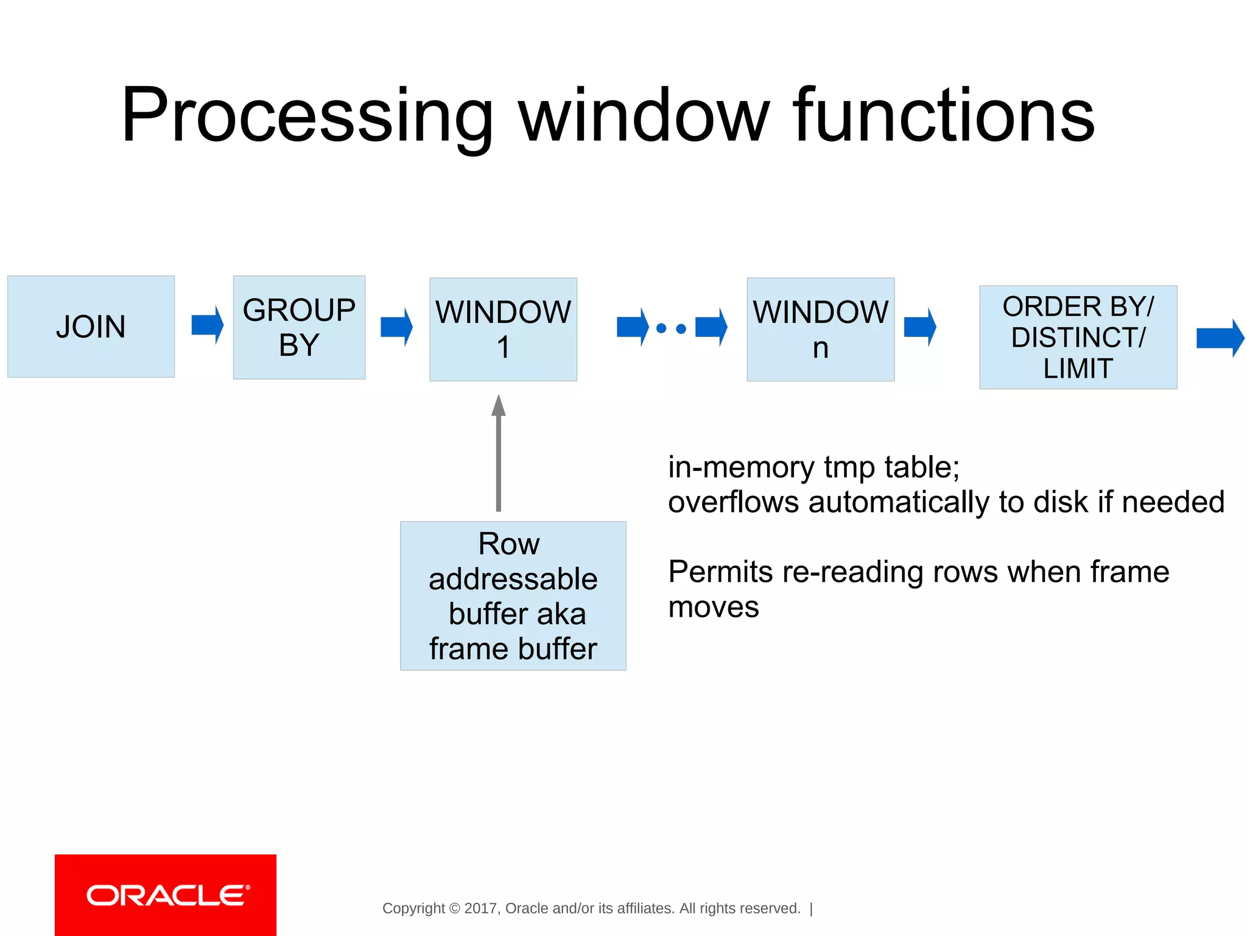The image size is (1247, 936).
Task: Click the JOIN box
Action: pos(91,327)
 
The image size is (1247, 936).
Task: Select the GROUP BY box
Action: pos(299,327)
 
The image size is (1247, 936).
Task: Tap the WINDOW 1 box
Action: pos(503,330)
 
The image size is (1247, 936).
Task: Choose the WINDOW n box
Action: pos(820,330)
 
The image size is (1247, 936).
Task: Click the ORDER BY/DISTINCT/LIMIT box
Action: pos(1078,337)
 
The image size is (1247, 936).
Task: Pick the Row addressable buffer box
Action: pos(513,596)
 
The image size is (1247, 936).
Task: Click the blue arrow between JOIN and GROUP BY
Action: pos(207,325)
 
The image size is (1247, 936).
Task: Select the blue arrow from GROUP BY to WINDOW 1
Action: pos(396,327)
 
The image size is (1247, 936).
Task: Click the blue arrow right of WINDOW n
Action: pos(919,327)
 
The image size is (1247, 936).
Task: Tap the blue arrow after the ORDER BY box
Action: pos(1220,338)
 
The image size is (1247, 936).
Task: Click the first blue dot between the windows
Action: pos(661,328)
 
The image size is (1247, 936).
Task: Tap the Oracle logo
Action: pos(166,895)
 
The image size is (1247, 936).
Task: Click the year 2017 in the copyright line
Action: pos(481,909)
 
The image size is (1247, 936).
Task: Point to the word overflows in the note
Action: pos(733,503)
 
